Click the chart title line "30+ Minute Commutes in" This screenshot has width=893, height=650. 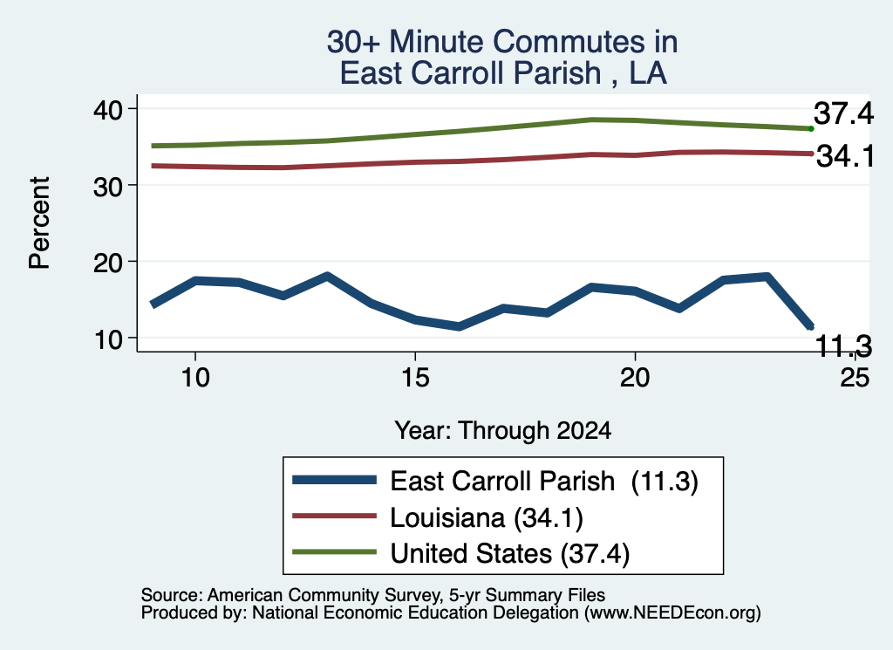click(502, 42)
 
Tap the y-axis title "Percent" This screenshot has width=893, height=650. click(39, 222)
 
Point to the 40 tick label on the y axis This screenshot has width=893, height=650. click(107, 110)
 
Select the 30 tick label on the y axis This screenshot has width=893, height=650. click(107, 187)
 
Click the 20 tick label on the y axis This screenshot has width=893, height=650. click(107, 263)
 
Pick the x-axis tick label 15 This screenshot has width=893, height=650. click(415, 377)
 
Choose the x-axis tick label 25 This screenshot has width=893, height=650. click(855, 377)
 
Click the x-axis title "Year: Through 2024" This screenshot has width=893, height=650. click(503, 431)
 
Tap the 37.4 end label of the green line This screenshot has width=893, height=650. click(843, 113)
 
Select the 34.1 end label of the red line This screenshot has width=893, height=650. click(845, 156)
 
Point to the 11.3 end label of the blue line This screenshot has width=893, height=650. click(843, 346)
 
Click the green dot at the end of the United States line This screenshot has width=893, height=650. click(811, 129)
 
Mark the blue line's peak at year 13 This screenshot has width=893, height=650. click(328, 277)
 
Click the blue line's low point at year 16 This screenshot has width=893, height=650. click(459, 326)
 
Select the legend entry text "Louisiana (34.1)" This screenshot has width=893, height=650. click(487, 518)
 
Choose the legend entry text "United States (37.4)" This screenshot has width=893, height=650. click(509, 554)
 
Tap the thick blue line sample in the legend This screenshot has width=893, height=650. click(334, 480)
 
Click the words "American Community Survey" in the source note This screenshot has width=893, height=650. click(324, 595)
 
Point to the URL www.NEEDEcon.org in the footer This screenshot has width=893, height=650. click(671, 612)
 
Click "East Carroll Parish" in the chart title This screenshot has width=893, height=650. click(470, 73)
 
